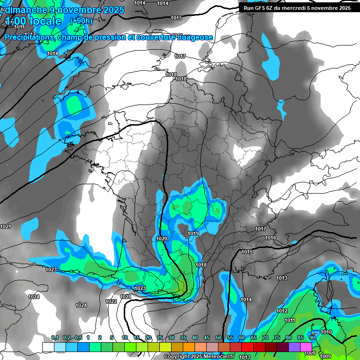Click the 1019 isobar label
(193, 233)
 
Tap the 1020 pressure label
(162, 239)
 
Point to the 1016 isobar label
(270, 238)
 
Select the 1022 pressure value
(111, 301)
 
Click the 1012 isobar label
(282, 311)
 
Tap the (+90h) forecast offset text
(81, 21)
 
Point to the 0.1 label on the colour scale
(54, 338)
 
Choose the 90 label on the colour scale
(312, 338)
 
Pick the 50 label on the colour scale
(218, 338)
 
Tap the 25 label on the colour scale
(160, 338)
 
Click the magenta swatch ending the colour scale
(306, 346)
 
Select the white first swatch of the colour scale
(48, 346)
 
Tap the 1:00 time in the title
(16, 22)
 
